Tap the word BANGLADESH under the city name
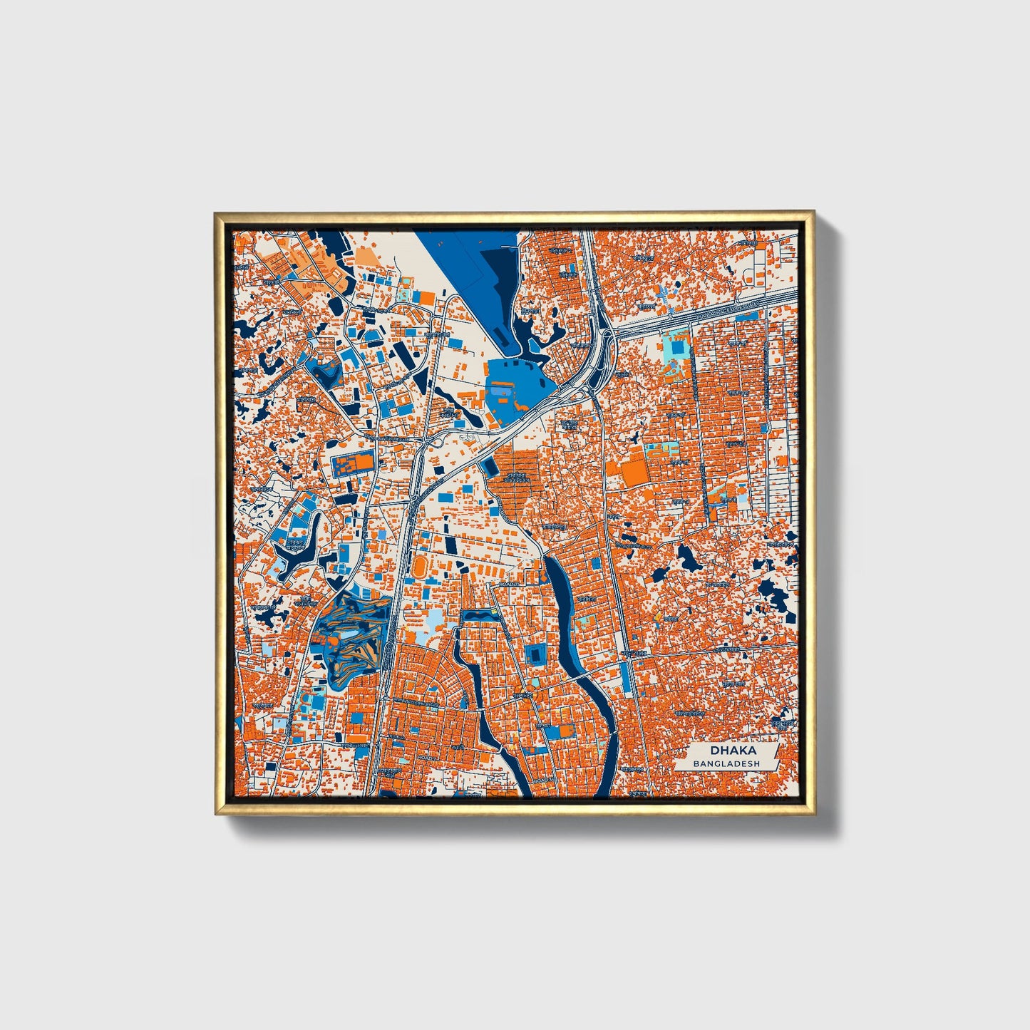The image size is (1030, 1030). point(726,763)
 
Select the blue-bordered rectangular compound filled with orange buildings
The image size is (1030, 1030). point(353,465)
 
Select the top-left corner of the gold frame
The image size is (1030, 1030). point(217,214)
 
